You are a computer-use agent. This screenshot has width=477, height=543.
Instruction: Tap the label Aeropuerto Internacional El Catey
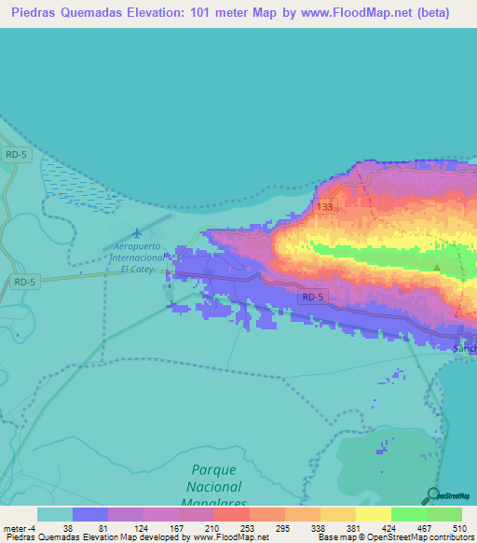click(x=136, y=256)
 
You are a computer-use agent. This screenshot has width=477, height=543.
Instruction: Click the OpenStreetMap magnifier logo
click(x=433, y=495)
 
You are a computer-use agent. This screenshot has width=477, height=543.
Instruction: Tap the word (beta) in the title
click(x=431, y=12)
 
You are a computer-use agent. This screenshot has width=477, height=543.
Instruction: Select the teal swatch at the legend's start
click(x=54, y=514)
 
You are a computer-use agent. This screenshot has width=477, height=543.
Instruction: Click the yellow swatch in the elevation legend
click(x=373, y=514)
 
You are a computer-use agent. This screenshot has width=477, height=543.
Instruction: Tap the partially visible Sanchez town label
click(x=464, y=349)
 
